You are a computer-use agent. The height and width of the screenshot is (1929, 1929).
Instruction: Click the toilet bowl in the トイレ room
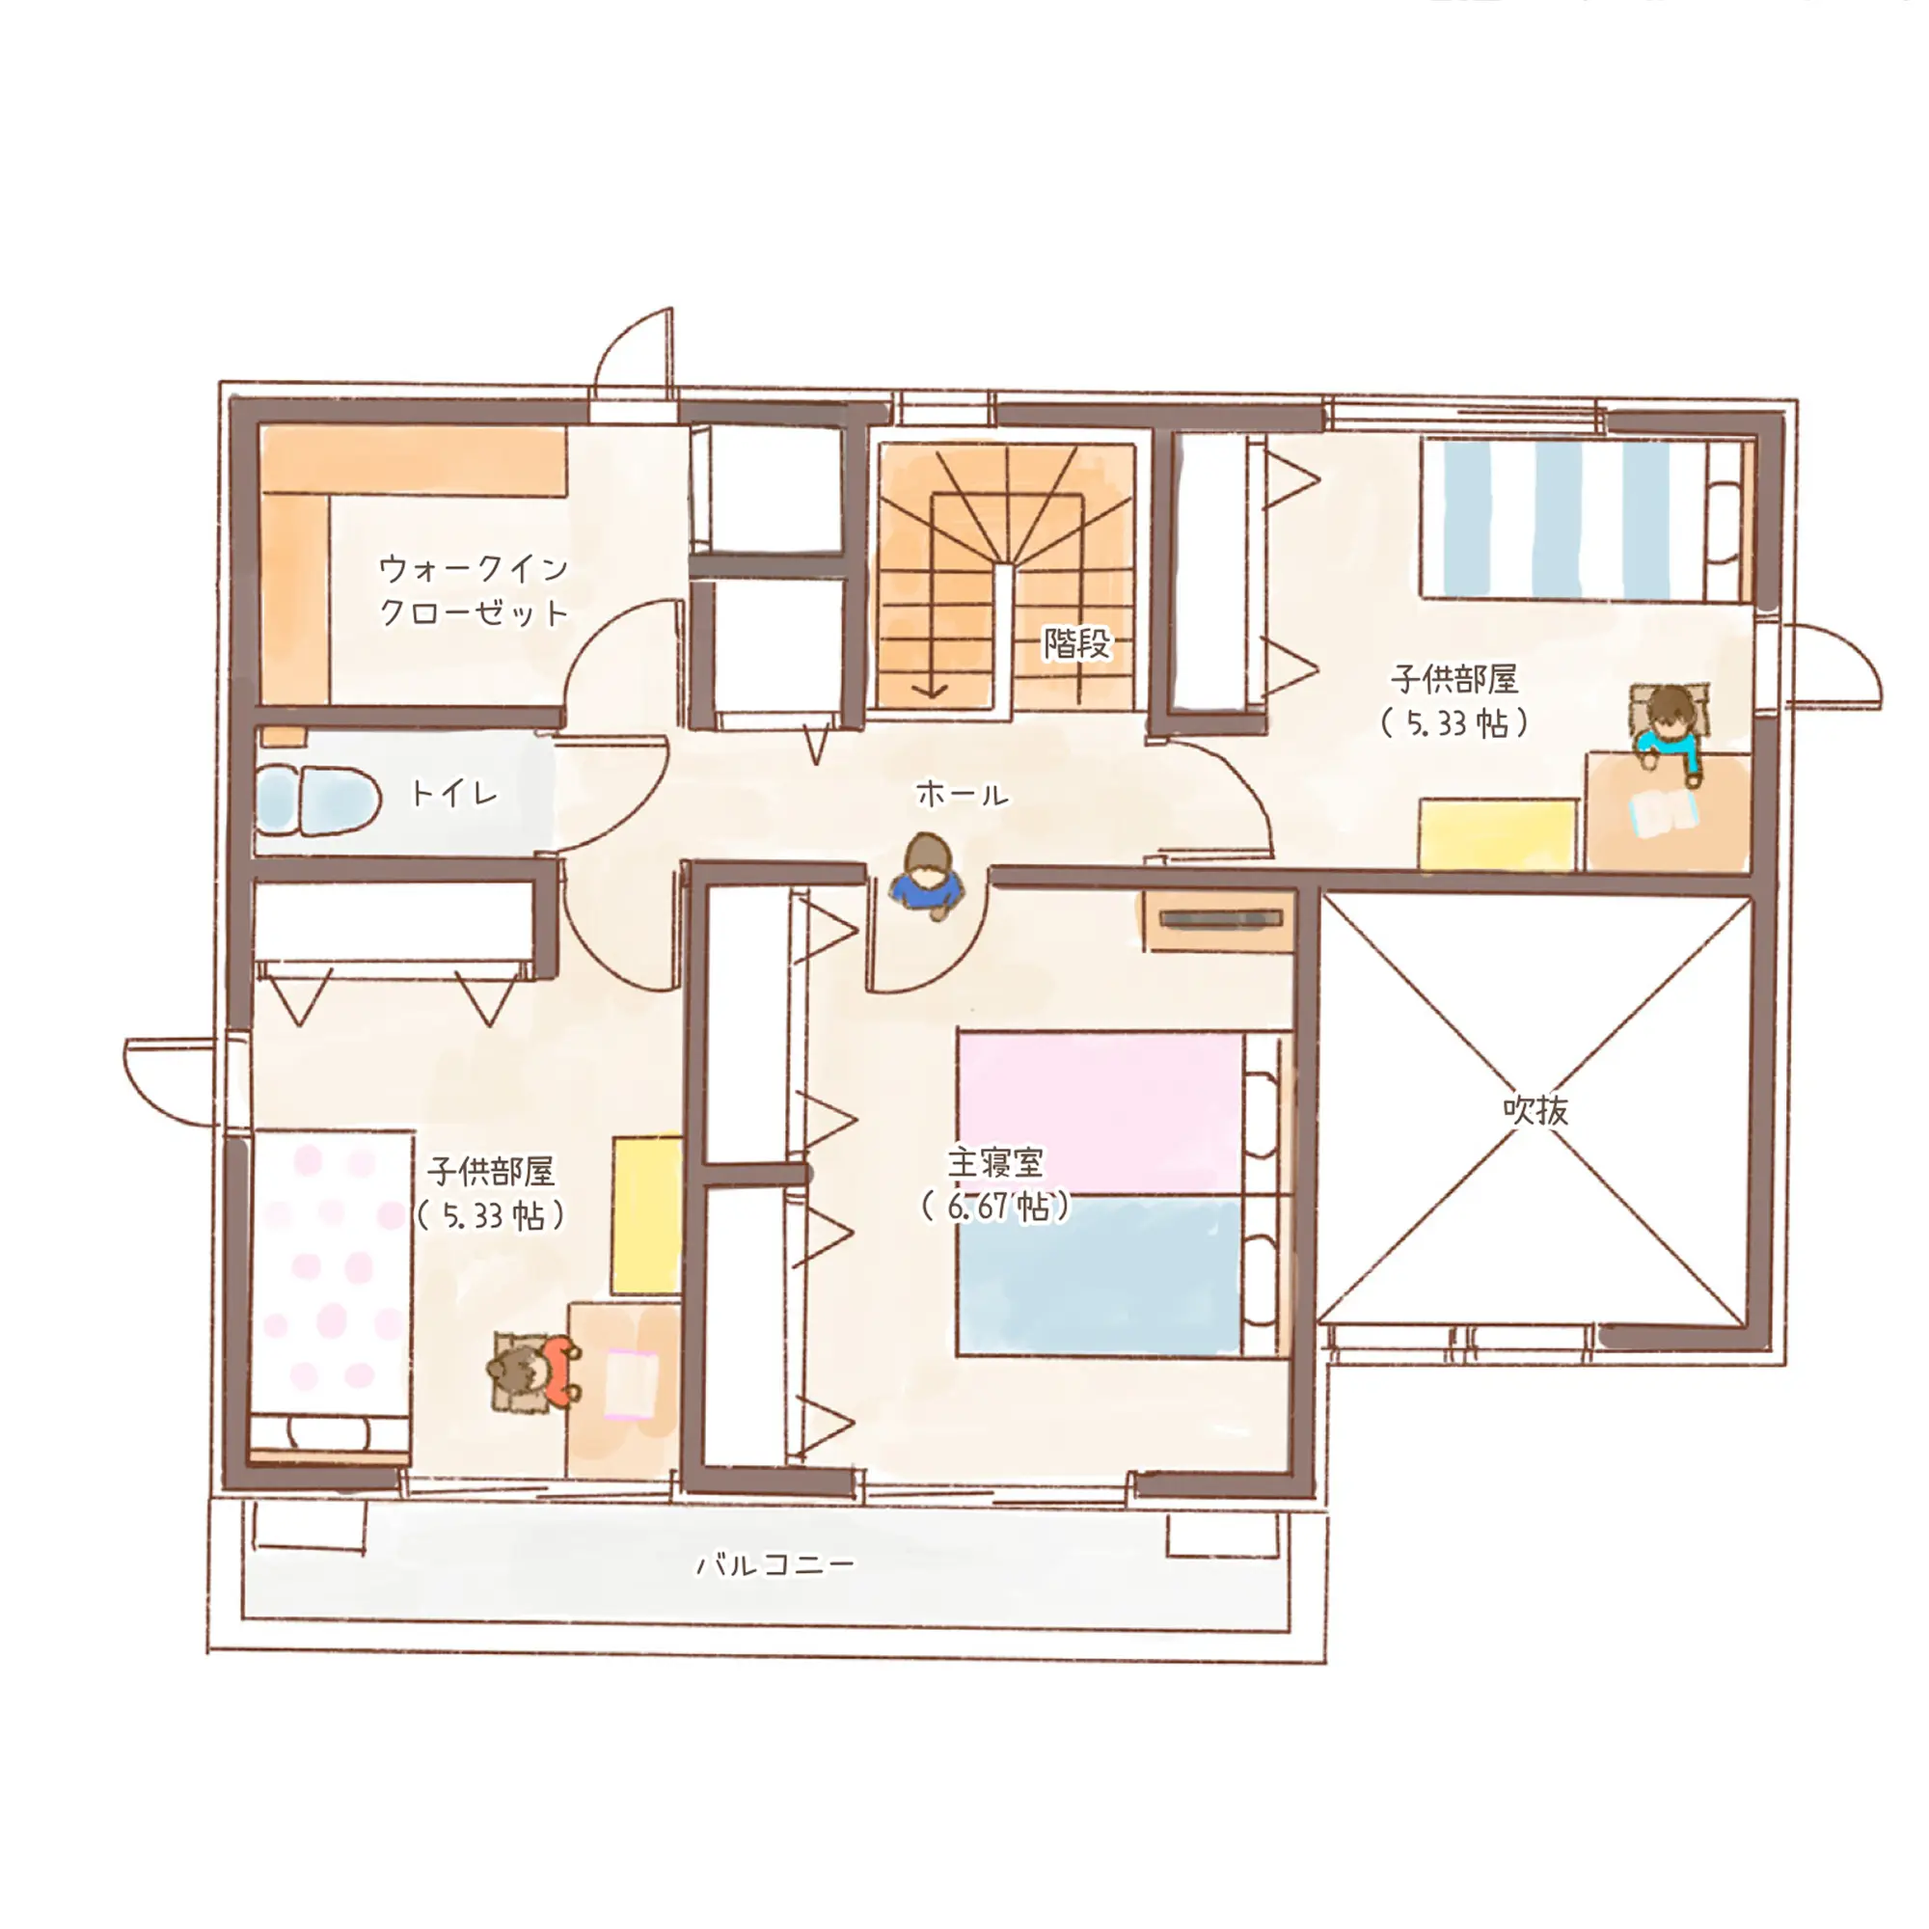click(319, 801)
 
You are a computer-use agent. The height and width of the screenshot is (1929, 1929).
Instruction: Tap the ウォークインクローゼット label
click(475, 590)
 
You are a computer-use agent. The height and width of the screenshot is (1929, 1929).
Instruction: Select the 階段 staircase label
click(1076, 643)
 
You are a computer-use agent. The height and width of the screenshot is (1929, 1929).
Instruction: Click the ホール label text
click(963, 795)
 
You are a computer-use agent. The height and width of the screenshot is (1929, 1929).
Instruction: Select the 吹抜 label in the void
click(1535, 1109)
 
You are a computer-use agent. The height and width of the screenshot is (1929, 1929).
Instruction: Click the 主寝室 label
click(995, 1162)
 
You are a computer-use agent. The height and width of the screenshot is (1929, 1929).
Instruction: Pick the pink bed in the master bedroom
click(1101, 1114)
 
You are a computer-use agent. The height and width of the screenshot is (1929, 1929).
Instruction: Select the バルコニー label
click(775, 1563)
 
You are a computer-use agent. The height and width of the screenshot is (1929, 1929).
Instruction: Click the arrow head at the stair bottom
click(931, 690)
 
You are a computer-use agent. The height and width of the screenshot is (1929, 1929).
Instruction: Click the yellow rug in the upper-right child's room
click(1498, 833)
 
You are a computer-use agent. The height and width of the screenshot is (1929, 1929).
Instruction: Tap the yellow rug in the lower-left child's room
click(647, 1215)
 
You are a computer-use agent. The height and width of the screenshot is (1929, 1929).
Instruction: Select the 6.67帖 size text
click(995, 1208)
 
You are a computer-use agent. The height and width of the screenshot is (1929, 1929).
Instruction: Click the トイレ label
click(454, 794)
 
